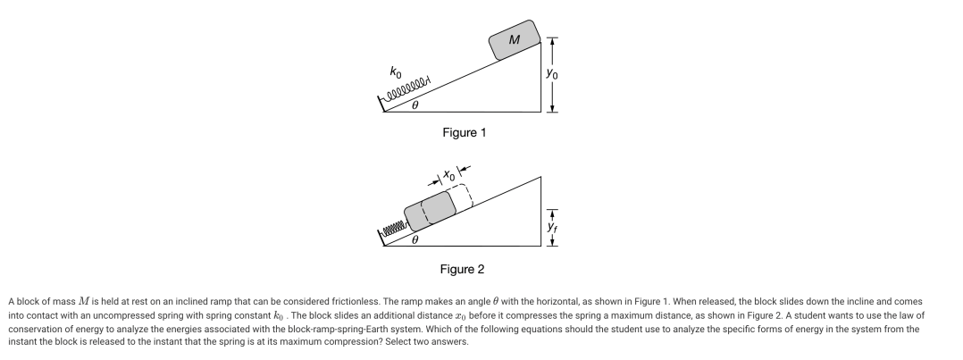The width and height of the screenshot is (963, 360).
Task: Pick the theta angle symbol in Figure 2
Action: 415,240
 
